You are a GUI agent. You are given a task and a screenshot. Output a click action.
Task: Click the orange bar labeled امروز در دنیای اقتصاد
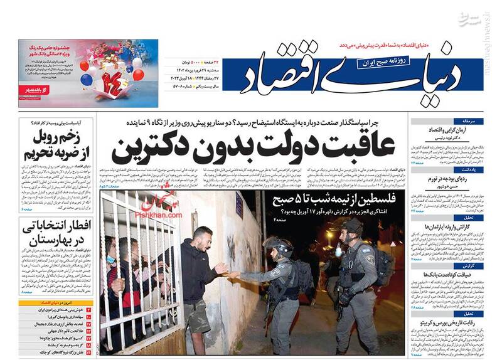pos(57,302)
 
